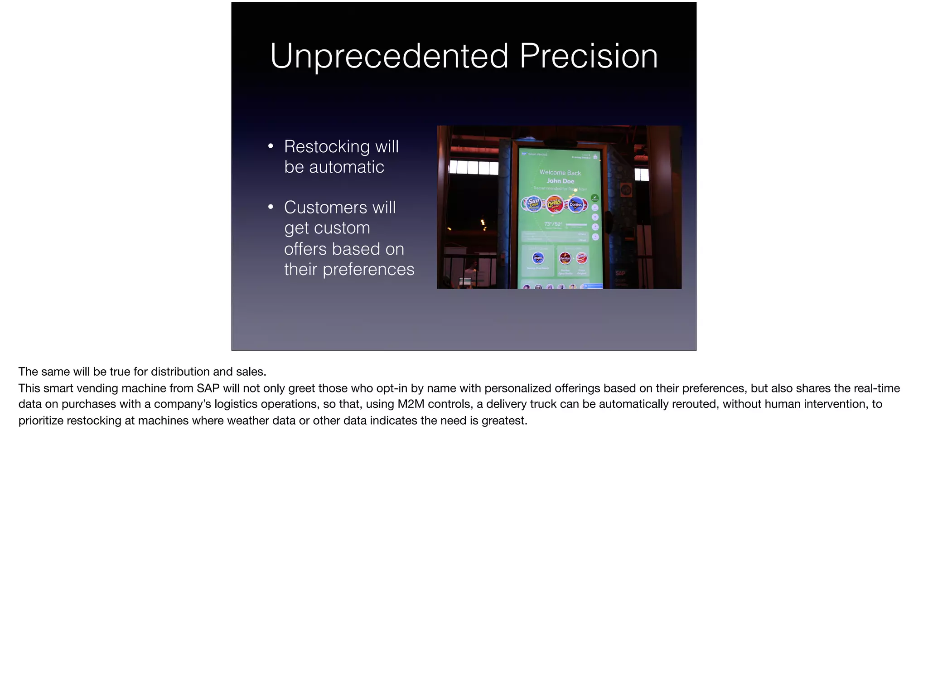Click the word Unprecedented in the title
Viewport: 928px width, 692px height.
click(x=389, y=56)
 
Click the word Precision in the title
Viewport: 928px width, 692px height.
click(x=588, y=56)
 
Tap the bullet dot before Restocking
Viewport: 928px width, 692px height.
click(x=271, y=146)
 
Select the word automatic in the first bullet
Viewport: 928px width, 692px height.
click(x=346, y=167)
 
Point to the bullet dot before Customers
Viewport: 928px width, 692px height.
click(x=271, y=207)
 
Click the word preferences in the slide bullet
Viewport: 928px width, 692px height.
click(x=368, y=269)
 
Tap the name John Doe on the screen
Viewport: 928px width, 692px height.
click(x=560, y=181)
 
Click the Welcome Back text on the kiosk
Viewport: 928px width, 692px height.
click(x=560, y=173)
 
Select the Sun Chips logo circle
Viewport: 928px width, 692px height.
click(x=533, y=204)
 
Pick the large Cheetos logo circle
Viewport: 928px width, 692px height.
click(x=555, y=204)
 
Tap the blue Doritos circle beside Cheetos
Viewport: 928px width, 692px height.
click(x=575, y=205)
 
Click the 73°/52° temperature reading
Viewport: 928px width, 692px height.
click(x=553, y=224)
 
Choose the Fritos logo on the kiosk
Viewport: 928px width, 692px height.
click(x=581, y=258)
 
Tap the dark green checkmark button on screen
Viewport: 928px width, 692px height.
click(x=595, y=198)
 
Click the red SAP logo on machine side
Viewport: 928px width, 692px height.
click(x=620, y=273)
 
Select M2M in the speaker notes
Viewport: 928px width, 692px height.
click(x=411, y=404)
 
